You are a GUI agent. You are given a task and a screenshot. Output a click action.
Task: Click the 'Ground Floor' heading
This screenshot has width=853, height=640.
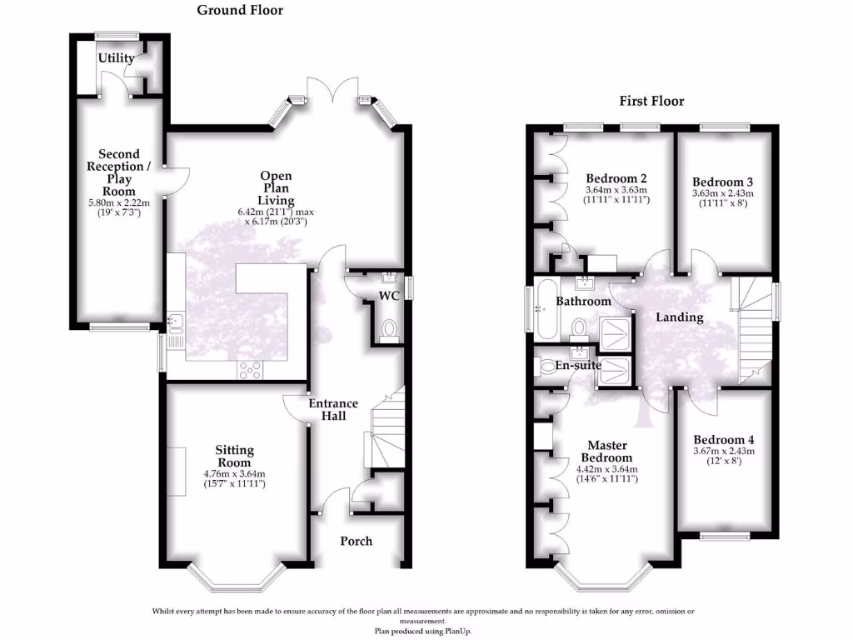tap(239, 11)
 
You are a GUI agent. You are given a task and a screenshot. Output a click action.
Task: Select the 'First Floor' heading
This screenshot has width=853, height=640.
tap(651, 101)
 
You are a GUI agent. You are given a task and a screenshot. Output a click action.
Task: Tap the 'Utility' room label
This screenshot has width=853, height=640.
tap(116, 58)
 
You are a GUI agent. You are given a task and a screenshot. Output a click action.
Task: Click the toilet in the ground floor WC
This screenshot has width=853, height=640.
tap(388, 331)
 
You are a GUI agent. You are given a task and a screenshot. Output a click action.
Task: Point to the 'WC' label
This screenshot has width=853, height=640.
tap(390, 297)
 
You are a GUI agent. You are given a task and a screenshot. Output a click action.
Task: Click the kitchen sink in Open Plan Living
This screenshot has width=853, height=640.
tap(176, 320)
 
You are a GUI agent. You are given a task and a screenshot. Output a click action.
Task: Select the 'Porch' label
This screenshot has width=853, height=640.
tap(356, 541)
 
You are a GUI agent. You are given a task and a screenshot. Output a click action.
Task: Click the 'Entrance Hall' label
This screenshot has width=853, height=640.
tap(333, 409)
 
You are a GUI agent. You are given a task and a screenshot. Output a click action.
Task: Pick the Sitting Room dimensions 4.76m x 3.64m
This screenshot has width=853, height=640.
tap(234, 475)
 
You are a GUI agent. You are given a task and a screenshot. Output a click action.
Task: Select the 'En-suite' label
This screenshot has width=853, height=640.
tap(578, 365)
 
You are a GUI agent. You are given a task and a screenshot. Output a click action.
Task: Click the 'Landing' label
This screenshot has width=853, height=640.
tap(679, 317)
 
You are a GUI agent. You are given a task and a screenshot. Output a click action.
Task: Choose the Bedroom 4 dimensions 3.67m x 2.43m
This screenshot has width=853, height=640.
tap(723, 452)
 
